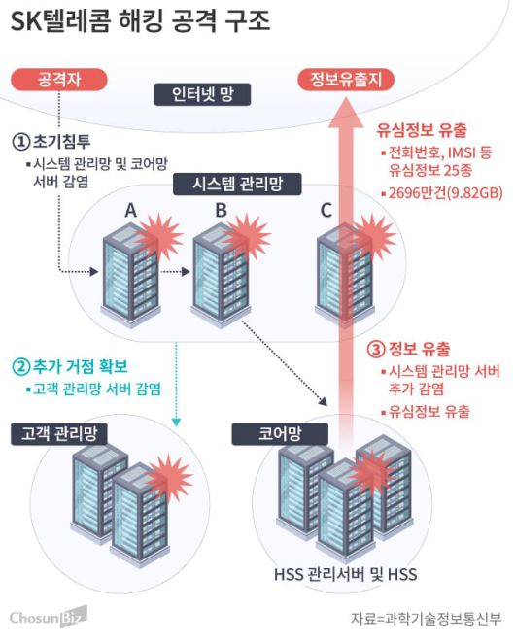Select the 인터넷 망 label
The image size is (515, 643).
pyautogui.click(x=204, y=94)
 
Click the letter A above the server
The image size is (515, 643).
pyautogui.click(x=130, y=210)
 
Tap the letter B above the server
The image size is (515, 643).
pyautogui.click(x=221, y=210)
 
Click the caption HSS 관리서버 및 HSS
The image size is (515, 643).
pyautogui.click(x=346, y=575)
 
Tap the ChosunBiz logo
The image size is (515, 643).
pyautogui.click(x=48, y=615)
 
